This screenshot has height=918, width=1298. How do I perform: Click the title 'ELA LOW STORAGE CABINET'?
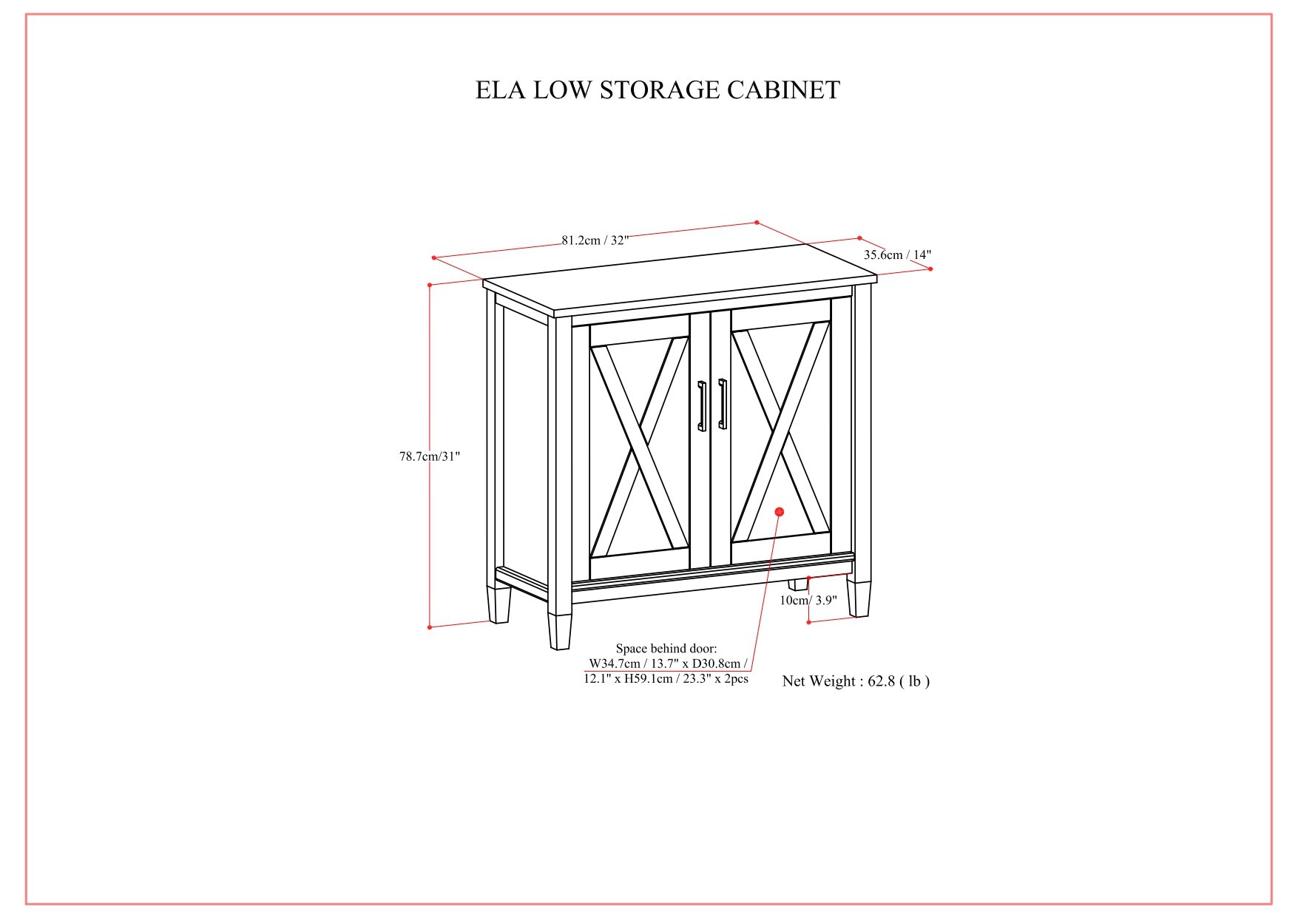click(657, 90)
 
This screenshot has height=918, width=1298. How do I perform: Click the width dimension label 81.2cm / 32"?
click(595, 240)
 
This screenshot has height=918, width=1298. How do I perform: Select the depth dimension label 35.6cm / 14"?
click(897, 255)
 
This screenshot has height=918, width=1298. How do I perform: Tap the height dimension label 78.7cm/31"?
click(430, 456)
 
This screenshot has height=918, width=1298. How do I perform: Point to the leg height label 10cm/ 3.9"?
click(808, 600)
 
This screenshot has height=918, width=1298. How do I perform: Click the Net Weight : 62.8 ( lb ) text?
click(856, 681)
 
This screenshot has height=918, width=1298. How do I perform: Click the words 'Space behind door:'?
click(666, 649)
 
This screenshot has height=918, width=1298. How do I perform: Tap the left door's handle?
click(701, 406)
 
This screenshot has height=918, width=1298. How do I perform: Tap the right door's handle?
click(723, 404)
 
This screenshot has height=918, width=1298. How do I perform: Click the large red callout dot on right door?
click(779, 512)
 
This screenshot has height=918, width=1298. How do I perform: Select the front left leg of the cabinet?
click(559, 628)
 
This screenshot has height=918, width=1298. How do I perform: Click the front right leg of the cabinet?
click(859, 598)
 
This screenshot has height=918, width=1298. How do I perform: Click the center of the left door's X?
click(640, 447)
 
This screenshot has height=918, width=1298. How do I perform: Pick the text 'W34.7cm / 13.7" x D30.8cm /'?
click(667, 664)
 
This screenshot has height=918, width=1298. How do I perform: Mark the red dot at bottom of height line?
click(430, 627)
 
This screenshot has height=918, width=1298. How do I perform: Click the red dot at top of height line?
click(430, 285)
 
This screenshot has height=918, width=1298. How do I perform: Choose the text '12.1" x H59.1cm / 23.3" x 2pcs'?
click(666, 678)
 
